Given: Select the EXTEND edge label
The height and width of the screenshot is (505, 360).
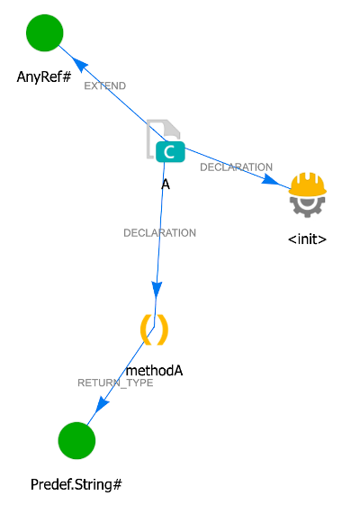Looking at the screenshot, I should pyautogui.click(x=104, y=86).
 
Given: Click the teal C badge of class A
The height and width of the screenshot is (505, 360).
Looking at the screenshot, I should pyautogui.click(x=168, y=152).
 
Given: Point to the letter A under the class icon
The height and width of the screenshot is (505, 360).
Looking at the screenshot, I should pyautogui.click(x=166, y=184).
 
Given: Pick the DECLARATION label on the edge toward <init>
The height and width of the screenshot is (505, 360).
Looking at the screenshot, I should pyautogui.click(x=236, y=167).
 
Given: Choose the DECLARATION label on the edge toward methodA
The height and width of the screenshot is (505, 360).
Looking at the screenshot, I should pyautogui.click(x=159, y=233).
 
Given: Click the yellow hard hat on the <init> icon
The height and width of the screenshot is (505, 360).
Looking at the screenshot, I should pyautogui.click(x=308, y=185).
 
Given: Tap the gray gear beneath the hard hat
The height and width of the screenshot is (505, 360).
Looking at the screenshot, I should pyautogui.click(x=308, y=206).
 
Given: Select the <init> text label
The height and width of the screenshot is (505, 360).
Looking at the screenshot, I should pyautogui.click(x=307, y=239).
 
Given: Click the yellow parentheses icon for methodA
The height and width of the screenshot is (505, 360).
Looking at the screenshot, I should pyautogui.click(x=154, y=329).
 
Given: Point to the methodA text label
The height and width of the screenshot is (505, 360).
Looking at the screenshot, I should pyautogui.click(x=154, y=370).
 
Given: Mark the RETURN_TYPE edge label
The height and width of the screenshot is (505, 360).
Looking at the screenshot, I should pyautogui.click(x=115, y=383).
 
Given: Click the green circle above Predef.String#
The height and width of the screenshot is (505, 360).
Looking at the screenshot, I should pyautogui.click(x=76, y=440).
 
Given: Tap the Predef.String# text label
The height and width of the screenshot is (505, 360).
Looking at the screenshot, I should pyautogui.click(x=76, y=484).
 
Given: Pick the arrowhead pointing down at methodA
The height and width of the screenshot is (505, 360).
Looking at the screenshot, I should pyautogui.click(x=157, y=290).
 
